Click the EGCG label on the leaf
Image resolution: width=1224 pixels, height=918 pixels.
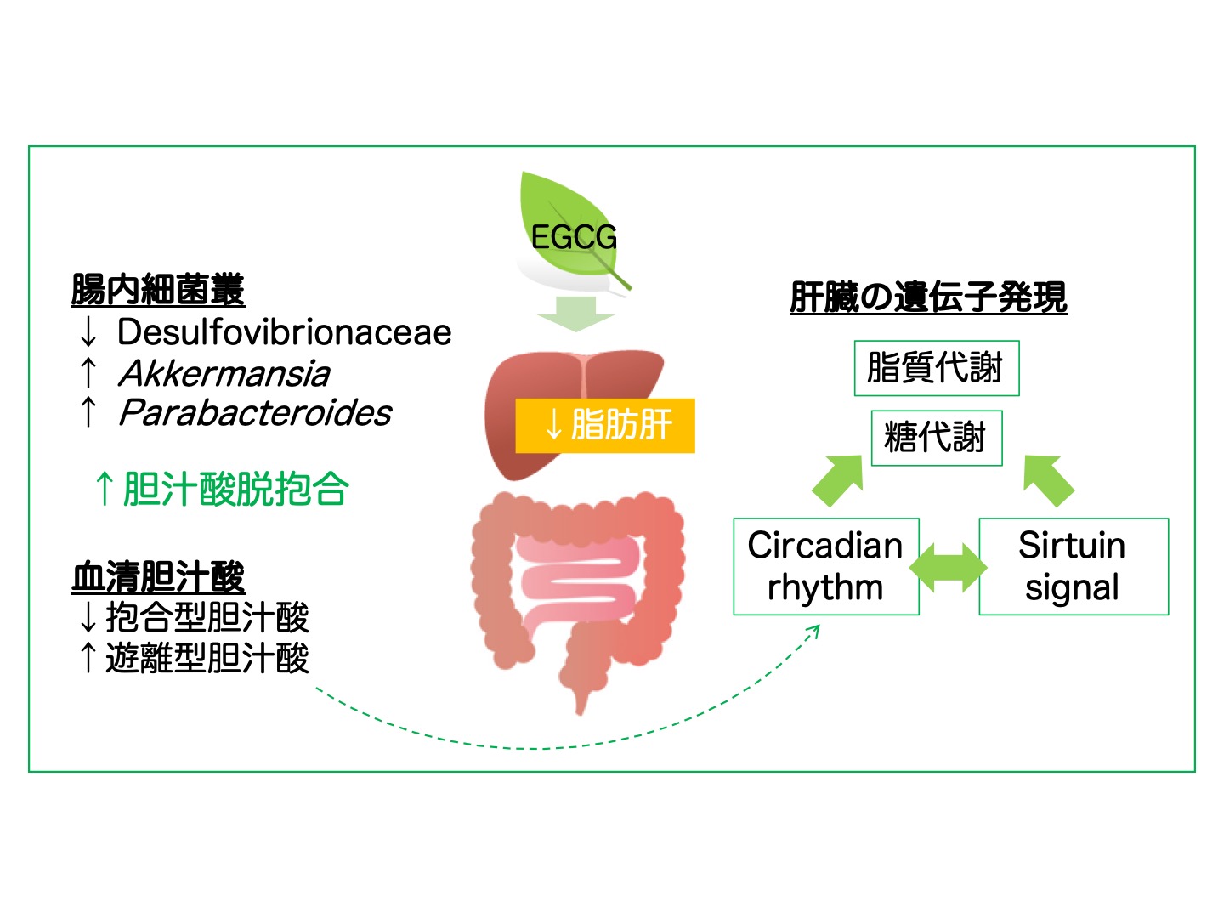pos(574,237)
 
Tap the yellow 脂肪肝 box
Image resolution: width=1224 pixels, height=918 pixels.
pos(605,425)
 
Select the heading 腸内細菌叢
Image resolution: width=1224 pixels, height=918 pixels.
pos(158,289)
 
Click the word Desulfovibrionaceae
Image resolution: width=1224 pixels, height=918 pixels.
pos(285,332)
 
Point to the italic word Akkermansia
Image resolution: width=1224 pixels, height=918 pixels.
pos(224,373)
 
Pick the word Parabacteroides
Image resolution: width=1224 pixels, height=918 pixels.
pos(255,413)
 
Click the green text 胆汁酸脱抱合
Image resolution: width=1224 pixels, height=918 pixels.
pos(236,489)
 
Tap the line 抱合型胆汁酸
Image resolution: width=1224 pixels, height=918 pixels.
pos(207,617)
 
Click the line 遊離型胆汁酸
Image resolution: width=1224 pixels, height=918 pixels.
pos(207,658)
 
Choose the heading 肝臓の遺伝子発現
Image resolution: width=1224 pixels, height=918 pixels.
pos(928,297)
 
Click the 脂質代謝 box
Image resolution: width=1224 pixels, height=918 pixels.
pos(937,368)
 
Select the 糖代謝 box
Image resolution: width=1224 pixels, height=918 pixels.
pos(937,438)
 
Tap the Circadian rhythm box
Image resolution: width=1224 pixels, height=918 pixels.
pos(826,566)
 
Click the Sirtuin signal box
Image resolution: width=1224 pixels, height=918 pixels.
pos(1074,566)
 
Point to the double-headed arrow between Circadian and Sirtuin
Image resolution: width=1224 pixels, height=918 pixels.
pos(949,568)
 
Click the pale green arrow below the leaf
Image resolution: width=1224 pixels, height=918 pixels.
pos(576,314)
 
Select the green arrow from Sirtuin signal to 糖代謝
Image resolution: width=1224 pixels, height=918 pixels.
pos(1048,480)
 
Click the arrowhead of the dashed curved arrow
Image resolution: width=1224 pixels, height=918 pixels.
pos(815,631)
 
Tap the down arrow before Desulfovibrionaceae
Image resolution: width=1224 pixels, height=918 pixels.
pos(88,332)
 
